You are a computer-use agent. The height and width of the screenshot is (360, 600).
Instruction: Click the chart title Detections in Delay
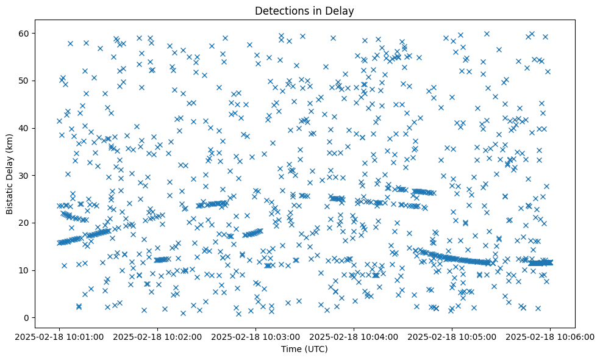(x=304, y=10)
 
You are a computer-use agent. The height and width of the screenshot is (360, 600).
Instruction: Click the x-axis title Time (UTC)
(x=304, y=349)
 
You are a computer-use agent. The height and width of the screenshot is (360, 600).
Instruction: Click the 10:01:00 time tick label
(x=59, y=336)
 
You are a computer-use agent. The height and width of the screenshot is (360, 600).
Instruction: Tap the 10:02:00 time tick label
(x=157, y=336)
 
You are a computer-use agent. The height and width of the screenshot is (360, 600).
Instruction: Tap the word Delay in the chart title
(x=341, y=10)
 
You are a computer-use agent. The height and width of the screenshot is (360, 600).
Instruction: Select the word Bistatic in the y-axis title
(x=10, y=195)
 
